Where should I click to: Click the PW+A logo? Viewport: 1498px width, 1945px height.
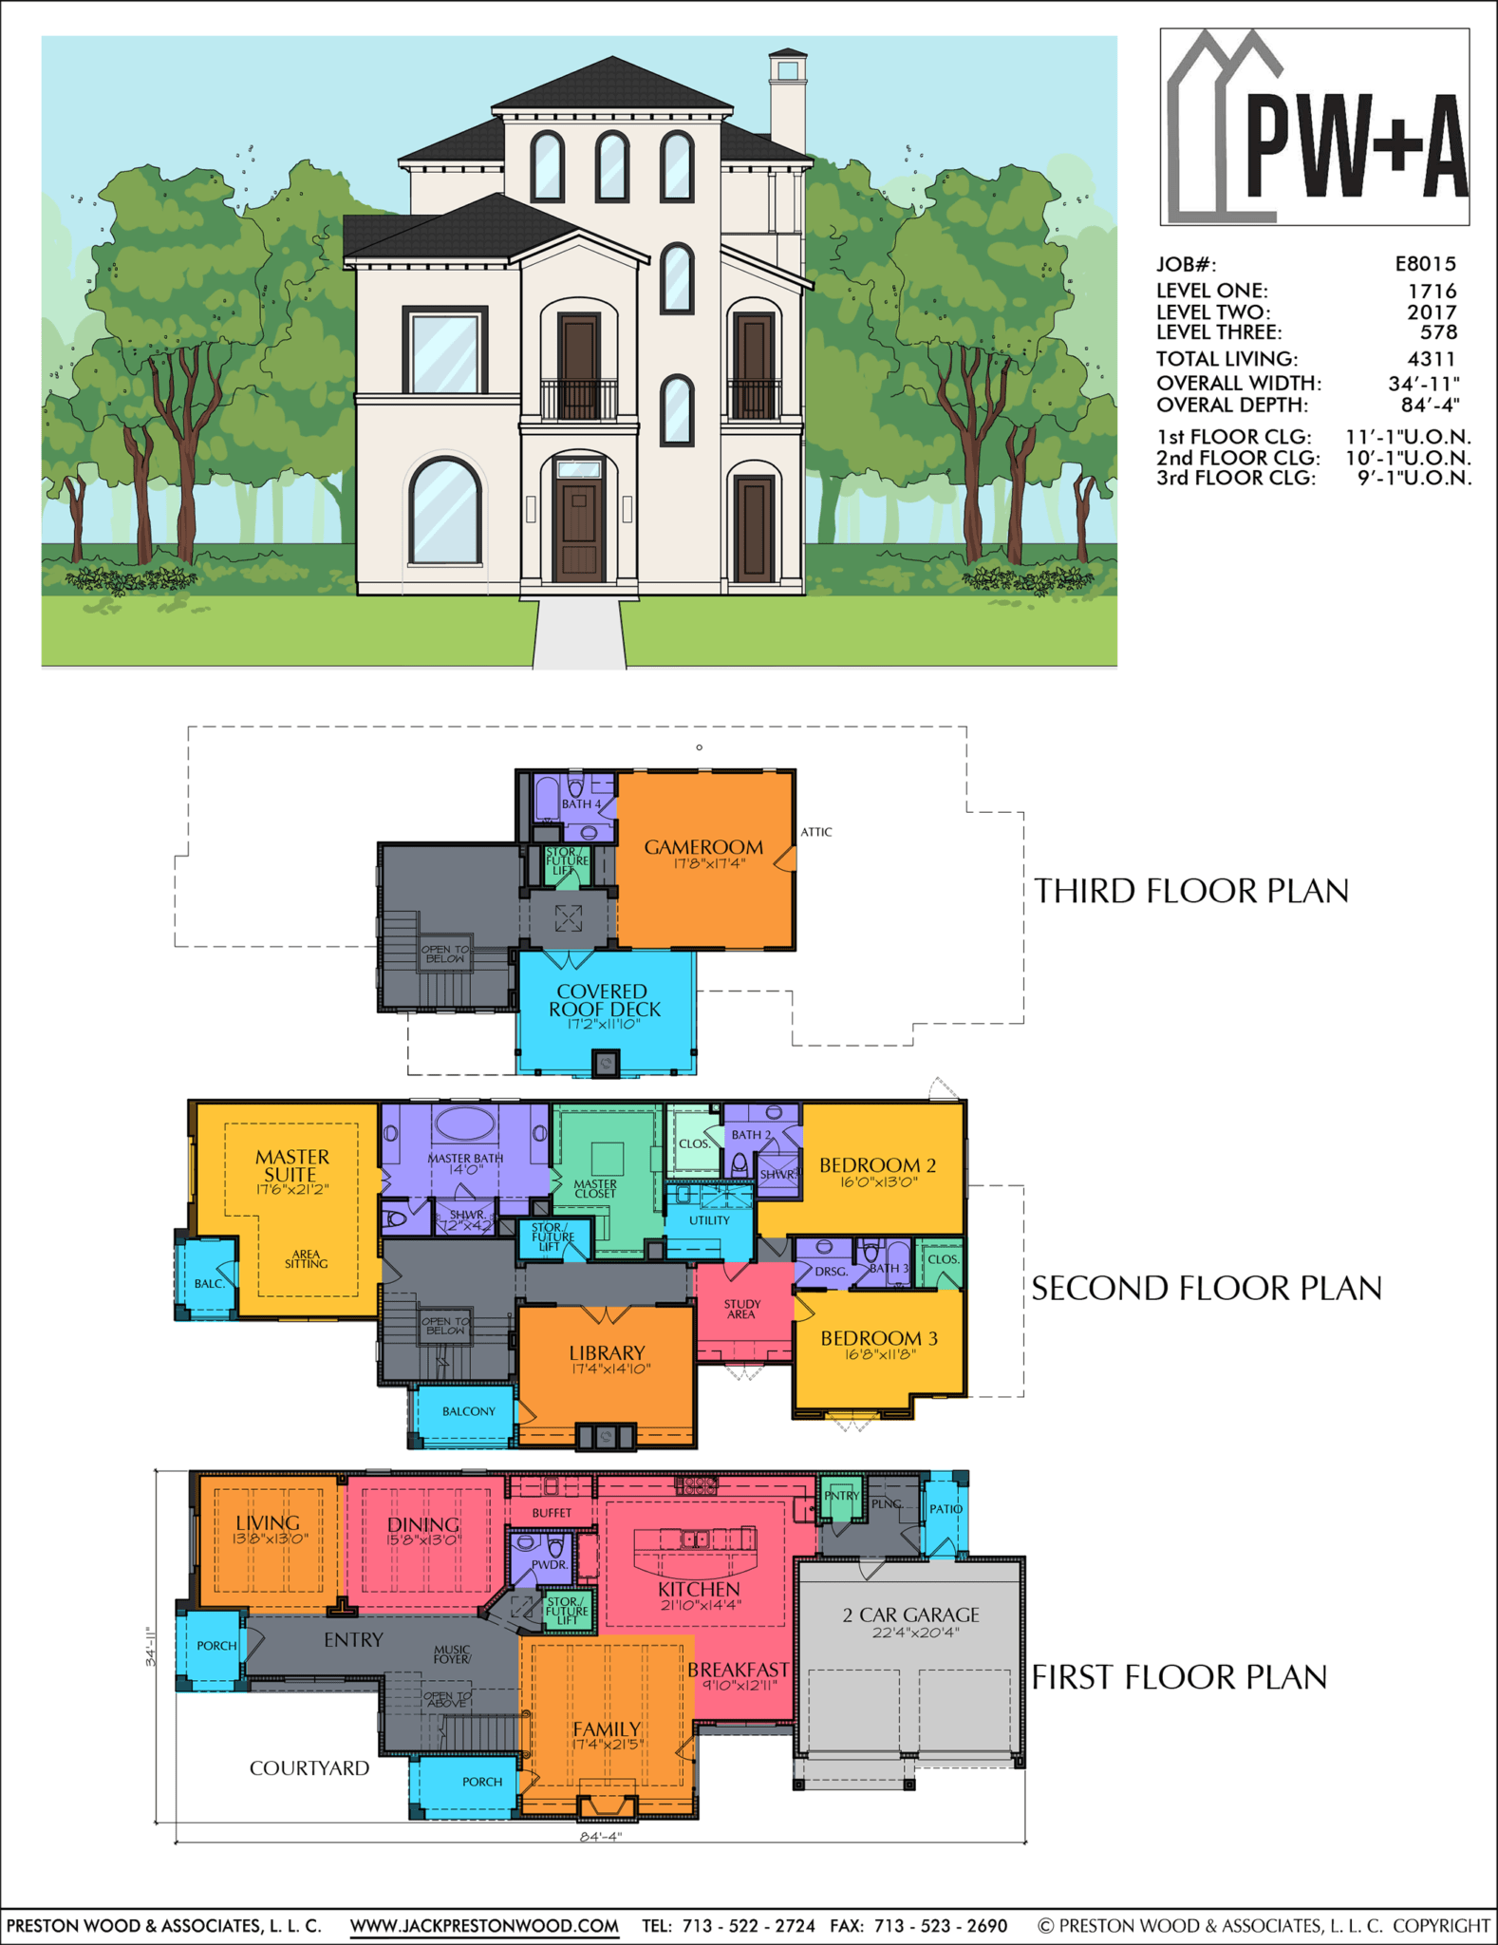point(1315,126)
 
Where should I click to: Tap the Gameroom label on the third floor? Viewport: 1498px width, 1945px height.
point(703,847)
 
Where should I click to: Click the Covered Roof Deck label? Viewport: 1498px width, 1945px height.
point(604,1000)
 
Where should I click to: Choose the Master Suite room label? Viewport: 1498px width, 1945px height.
point(291,1165)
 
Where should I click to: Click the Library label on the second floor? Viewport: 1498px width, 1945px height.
point(607,1352)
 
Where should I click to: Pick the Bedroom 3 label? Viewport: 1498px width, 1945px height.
point(878,1338)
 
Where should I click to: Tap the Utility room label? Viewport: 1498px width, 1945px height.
point(709,1220)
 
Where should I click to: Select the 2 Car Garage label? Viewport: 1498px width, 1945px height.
point(910,1615)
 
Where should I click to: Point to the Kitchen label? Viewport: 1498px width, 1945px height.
point(699,1589)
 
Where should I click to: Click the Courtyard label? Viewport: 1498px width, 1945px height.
point(309,1767)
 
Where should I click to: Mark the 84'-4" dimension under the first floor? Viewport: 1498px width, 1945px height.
point(600,1837)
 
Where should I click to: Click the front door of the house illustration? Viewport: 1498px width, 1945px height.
point(579,532)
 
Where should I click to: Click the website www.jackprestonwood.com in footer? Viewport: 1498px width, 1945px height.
point(484,1925)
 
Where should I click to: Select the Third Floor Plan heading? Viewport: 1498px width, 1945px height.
point(1190,891)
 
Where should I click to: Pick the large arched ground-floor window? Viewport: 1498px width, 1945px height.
point(444,513)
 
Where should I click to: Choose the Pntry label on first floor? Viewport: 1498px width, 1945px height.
point(841,1496)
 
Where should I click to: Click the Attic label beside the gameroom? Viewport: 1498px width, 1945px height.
point(815,832)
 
